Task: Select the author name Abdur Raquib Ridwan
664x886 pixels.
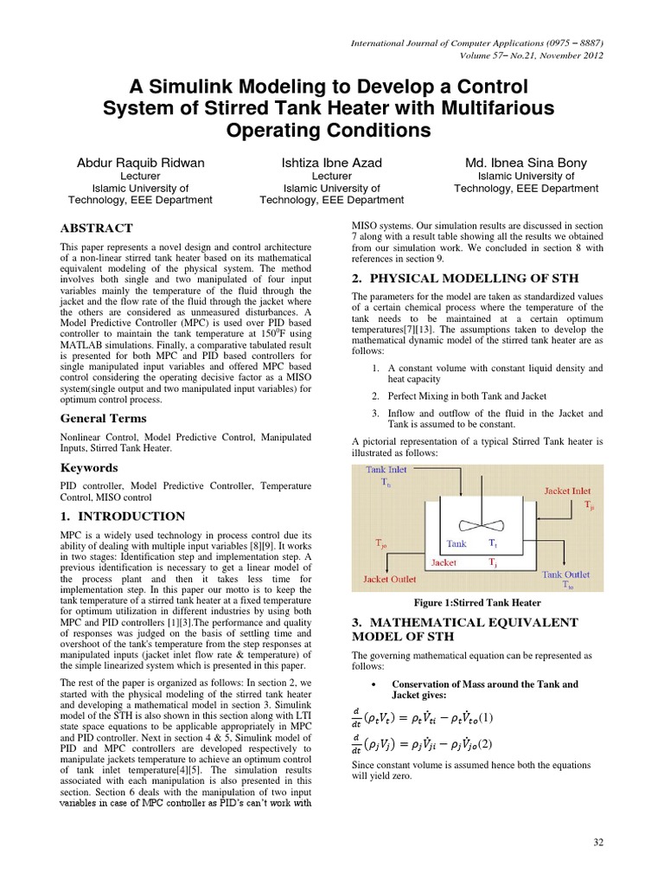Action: (x=140, y=162)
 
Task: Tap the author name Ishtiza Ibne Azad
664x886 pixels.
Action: (x=331, y=162)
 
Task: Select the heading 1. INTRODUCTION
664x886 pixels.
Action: (x=116, y=517)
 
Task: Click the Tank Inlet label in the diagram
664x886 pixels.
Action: (x=386, y=469)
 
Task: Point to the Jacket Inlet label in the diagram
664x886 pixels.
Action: (x=568, y=490)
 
